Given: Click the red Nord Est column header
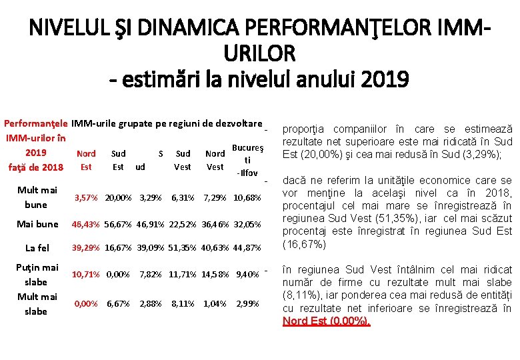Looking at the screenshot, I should [x=86, y=160].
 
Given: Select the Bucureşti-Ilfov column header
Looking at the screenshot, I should [x=247, y=160].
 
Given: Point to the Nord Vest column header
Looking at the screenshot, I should [x=215, y=160].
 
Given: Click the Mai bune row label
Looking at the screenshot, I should [x=37, y=224].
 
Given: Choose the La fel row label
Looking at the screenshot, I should [x=37, y=248].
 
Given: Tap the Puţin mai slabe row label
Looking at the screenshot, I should [x=37, y=274].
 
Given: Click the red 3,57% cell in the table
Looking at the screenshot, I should [x=86, y=198].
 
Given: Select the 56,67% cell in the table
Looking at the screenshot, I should [x=118, y=224].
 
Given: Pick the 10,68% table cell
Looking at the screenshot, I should [x=247, y=198].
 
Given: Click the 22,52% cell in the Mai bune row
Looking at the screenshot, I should [x=183, y=224].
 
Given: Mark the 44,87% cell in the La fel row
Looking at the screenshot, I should [x=247, y=248].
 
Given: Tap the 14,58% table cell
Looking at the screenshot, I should [x=215, y=274].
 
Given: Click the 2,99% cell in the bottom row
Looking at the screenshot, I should [x=247, y=303].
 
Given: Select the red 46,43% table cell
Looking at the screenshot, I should [x=86, y=224].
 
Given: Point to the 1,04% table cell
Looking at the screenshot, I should [x=215, y=303].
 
